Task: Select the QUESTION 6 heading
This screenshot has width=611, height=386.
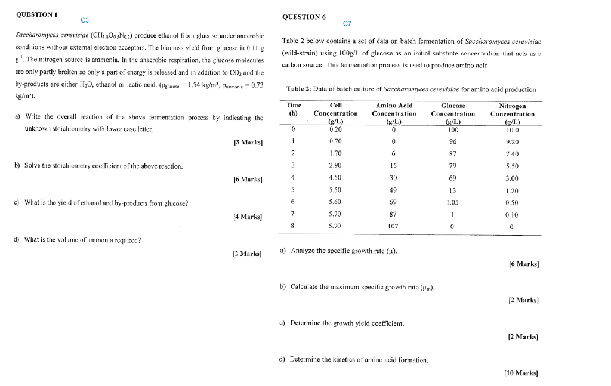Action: [x=304, y=17]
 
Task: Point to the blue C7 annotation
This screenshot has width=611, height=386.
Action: [x=348, y=23]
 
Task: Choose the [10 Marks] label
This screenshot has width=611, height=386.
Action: [x=521, y=373]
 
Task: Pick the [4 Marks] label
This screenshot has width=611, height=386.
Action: [x=249, y=216]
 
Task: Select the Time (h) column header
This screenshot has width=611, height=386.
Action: [x=293, y=109]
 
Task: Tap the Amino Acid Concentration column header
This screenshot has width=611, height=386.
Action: [x=393, y=113]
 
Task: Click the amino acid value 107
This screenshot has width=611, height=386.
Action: [x=393, y=226]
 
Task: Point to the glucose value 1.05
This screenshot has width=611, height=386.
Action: [x=452, y=202]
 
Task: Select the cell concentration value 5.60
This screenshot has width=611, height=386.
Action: [x=335, y=202]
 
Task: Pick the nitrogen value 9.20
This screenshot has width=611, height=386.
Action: [x=512, y=142]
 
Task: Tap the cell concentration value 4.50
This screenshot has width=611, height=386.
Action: [x=335, y=178]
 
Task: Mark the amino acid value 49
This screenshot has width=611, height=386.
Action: [x=393, y=190]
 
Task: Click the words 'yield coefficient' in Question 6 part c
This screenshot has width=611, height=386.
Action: [x=382, y=323]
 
